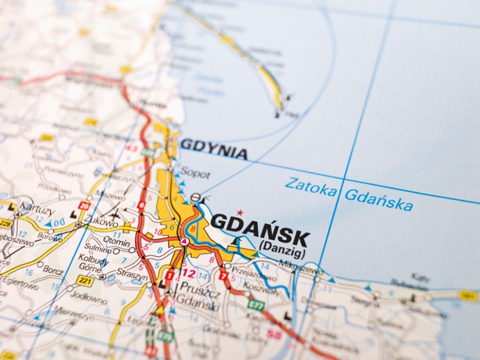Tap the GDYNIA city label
click(214, 149)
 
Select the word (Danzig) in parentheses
click(283, 245)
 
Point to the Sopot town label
click(196, 174)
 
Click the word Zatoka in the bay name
click(311, 187)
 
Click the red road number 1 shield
click(169, 275)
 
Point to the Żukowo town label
click(105, 224)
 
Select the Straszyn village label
click(132, 276)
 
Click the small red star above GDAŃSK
click(239, 213)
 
